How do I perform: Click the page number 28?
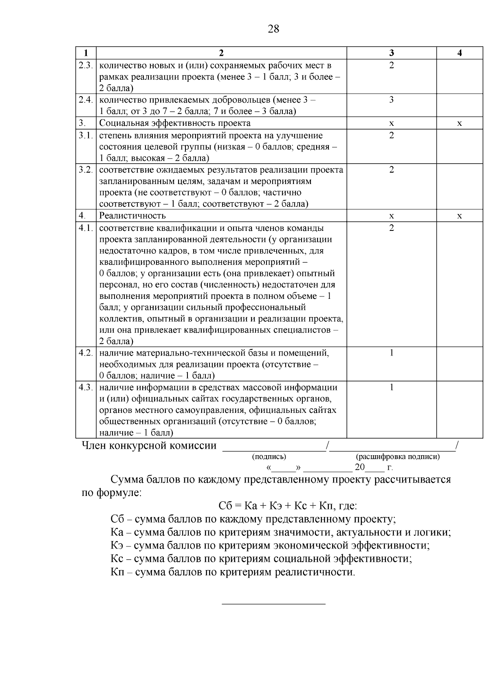(273, 29)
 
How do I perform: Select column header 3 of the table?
(391, 53)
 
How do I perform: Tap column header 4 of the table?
(460, 53)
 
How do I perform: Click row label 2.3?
(86, 65)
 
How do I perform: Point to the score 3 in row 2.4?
(391, 100)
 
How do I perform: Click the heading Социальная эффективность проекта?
(175, 123)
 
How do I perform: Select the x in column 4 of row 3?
(460, 123)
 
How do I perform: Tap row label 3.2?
(86, 170)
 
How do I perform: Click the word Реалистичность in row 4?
(132, 215)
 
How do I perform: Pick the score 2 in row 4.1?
(391, 228)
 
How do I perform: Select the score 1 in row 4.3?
(391, 387)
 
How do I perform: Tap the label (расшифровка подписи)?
(398, 456)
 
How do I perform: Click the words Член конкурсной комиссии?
(149, 445)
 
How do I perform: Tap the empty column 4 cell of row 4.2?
(460, 364)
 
